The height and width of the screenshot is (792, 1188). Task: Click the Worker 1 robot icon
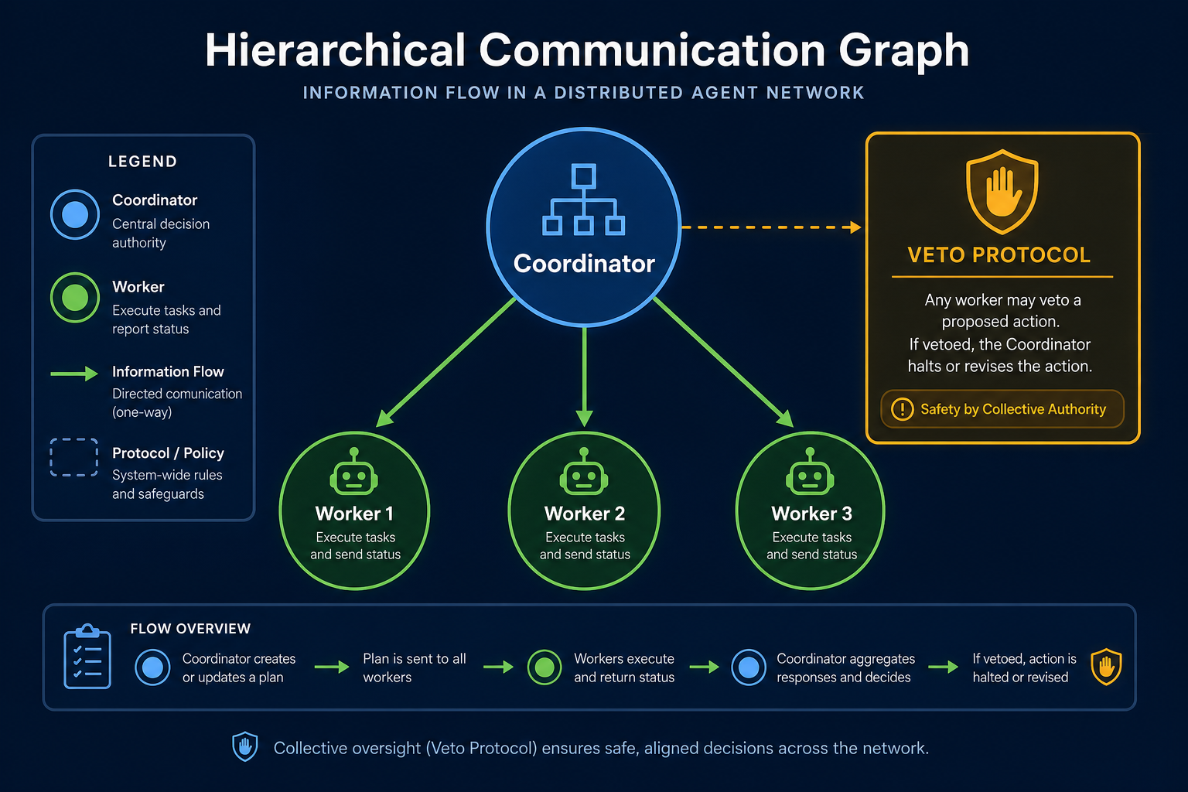pos(353,472)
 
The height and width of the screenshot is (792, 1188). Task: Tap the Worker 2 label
pos(585,514)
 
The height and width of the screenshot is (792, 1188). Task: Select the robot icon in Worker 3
pos(810,472)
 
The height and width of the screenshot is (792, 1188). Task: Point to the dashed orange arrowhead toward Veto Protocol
pos(855,227)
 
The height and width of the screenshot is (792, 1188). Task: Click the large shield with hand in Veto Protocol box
pos(1002,192)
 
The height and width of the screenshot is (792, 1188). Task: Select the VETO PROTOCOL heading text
pos(999,255)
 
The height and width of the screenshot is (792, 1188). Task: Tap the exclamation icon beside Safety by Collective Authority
pos(902,409)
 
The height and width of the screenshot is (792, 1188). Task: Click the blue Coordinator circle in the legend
pos(75,214)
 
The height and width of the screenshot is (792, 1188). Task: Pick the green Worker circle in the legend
pos(75,298)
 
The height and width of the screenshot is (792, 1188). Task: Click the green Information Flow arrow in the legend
pos(74,374)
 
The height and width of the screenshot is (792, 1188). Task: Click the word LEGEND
pos(142,162)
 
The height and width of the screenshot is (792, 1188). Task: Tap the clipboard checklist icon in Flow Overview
pos(87,656)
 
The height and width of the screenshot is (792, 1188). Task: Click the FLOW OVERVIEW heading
pos(190,629)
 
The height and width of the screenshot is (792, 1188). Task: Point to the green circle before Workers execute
pos(544,667)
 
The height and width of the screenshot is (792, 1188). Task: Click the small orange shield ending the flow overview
pos(1106,666)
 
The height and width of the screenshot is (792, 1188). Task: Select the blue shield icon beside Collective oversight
pos(245,746)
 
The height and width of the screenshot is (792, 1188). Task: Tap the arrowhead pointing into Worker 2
pos(584,418)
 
